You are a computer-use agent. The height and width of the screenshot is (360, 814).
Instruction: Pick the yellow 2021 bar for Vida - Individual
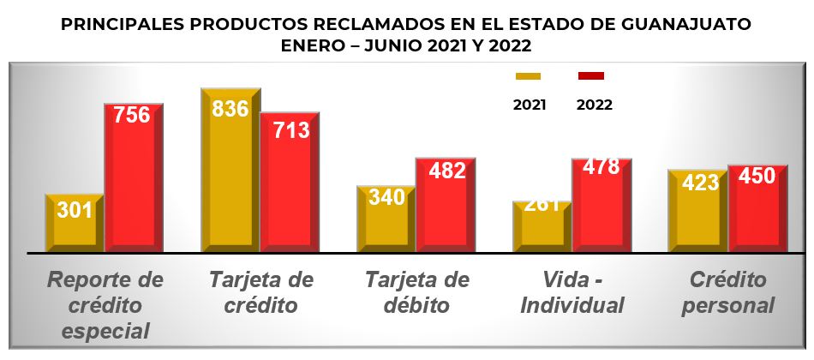click(x=542, y=230)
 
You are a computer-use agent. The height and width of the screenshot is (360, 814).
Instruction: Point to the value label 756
click(x=133, y=115)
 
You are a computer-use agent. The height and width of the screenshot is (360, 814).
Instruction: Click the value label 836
click(x=230, y=109)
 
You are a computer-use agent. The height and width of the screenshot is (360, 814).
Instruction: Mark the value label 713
click(x=291, y=130)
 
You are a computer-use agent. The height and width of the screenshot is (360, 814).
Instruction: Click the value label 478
click(x=601, y=166)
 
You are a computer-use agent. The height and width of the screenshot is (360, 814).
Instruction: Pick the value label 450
click(x=757, y=177)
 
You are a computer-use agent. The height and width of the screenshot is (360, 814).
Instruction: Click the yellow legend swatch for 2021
click(x=528, y=76)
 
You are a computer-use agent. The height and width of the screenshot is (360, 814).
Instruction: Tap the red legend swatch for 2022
click(x=591, y=76)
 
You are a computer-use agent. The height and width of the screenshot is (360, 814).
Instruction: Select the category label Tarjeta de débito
click(x=417, y=292)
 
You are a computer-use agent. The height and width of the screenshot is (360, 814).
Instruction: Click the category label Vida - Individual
click(x=572, y=292)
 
